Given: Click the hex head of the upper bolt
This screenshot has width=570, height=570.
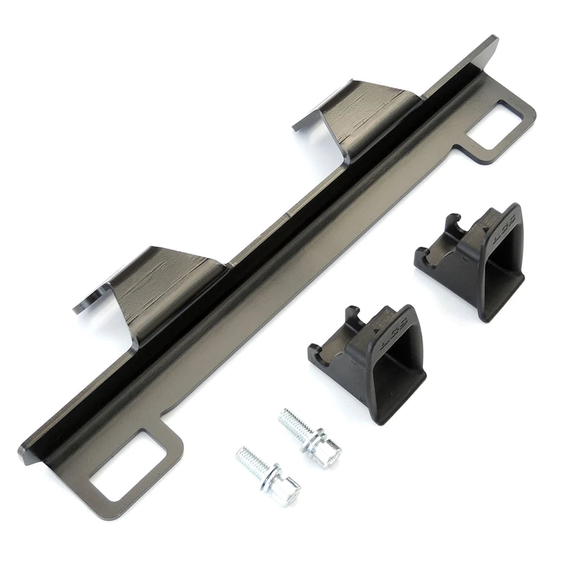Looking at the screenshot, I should point(328,453).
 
